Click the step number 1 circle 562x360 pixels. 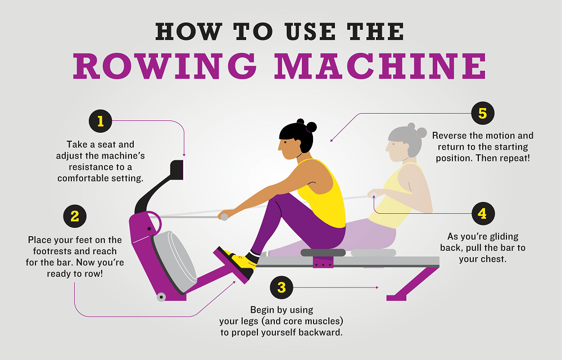(x=101, y=121)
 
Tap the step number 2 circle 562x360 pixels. (x=75, y=215)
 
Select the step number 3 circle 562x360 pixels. (x=282, y=288)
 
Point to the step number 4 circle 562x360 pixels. (x=482, y=214)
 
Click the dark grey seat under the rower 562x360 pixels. (x=323, y=253)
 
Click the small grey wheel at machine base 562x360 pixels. (x=161, y=296)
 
